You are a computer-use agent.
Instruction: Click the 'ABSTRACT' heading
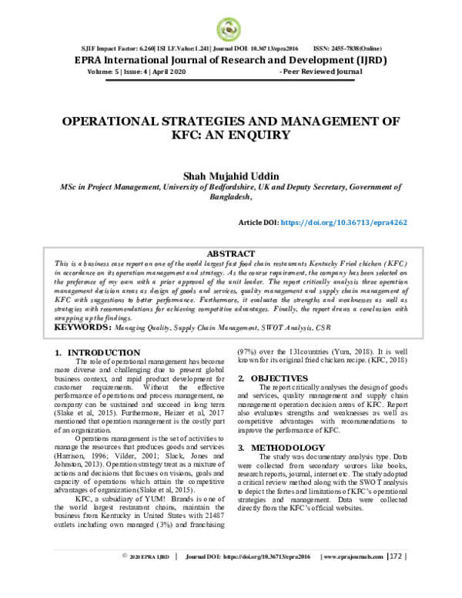[231, 253]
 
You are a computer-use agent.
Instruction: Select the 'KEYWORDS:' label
[82, 328]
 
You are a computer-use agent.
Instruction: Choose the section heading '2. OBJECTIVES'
[271, 378]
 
